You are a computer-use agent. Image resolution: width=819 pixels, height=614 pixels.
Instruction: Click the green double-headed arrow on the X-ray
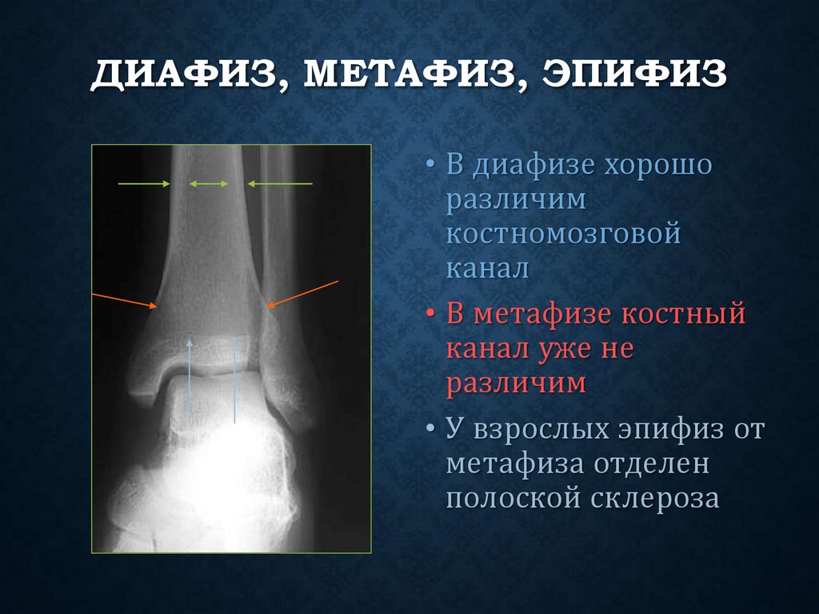tap(209, 184)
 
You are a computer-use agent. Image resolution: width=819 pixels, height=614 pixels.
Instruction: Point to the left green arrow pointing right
tap(144, 184)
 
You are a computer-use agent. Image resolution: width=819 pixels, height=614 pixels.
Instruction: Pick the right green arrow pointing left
tap(279, 184)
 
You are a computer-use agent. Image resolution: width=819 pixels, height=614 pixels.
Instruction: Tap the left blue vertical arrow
tap(190, 380)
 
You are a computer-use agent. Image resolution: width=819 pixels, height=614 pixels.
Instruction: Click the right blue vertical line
tap(234, 380)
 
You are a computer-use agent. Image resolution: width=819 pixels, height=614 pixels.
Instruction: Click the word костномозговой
tap(563, 234)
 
